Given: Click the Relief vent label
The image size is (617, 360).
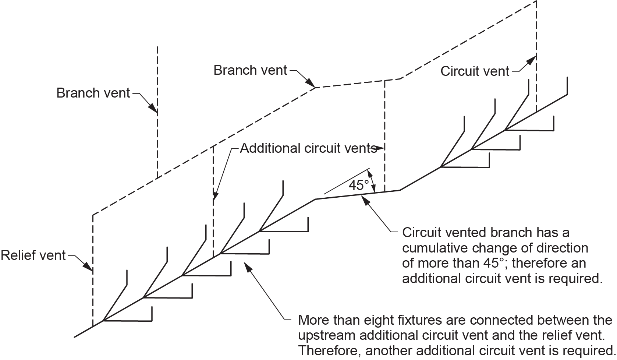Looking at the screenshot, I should [x=33, y=255].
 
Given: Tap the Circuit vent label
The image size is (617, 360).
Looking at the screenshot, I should [x=475, y=71].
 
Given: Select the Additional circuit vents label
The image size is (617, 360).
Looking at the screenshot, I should [x=308, y=148].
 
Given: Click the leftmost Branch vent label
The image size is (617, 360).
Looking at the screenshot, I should [x=93, y=93].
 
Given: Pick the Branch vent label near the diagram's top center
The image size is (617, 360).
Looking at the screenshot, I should [x=250, y=70].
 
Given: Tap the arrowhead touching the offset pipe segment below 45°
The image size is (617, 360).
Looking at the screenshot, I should [x=365, y=200].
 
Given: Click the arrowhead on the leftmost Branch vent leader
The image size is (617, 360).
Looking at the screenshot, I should [x=152, y=108].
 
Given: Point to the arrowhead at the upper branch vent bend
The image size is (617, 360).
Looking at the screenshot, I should [x=311, y=84].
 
